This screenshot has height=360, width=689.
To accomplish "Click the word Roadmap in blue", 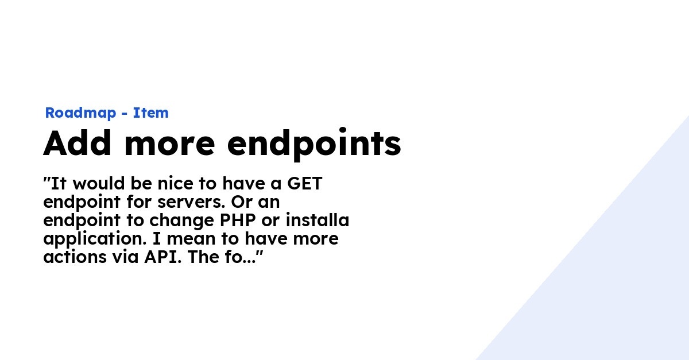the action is coord(80,113).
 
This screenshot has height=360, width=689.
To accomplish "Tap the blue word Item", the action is coord(150,113).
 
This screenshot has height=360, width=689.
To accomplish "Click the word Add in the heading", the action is coord(77,143).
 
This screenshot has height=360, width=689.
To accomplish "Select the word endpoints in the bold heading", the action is coord(314,144).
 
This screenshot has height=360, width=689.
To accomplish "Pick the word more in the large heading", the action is coord(169,146).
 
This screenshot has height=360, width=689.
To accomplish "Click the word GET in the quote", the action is coord(304,183).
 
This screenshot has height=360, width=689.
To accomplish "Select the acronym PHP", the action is coord(238,220).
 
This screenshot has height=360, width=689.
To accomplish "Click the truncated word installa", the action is coord(318,220).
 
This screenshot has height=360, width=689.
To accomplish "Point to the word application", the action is coord(95,239).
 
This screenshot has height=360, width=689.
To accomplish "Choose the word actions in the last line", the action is coord(75,257).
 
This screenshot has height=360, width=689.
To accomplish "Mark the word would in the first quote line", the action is coord(99,183).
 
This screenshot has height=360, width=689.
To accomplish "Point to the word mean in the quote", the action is coord(188,239).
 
